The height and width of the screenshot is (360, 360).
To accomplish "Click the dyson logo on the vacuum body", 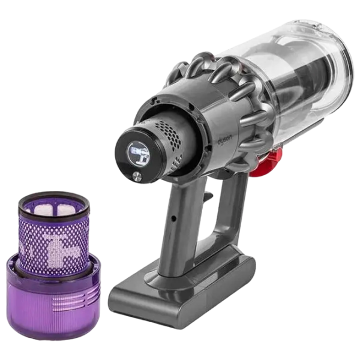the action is [x=225, y=139].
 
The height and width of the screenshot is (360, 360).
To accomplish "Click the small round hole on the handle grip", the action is [x=174, y=218].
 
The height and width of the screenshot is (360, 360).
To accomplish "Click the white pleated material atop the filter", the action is [x=54, y=209].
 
